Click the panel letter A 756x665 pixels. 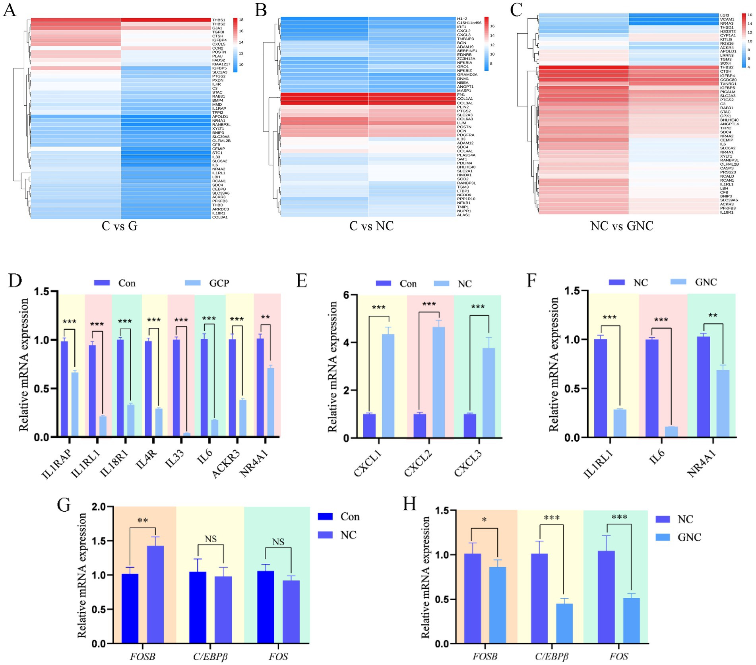tap(10, 10)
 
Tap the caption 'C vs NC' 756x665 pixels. tap(371, 226)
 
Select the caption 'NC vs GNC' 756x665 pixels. tap(622, 226)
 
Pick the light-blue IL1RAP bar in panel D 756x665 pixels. tap(75, 404)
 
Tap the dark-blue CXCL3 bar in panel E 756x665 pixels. tap(470, 425)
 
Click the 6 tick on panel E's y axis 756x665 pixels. tap(346, 295)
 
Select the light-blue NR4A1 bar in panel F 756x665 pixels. tap(723, 403)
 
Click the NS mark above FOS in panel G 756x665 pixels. tap(278, 541)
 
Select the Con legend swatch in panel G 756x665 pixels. tap(325, 516)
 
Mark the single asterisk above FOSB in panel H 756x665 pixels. tap(484, 520)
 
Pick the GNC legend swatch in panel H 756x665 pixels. tap(663, 537)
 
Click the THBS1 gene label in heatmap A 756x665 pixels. tap(219, 20)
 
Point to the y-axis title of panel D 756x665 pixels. tap(24, 365)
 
